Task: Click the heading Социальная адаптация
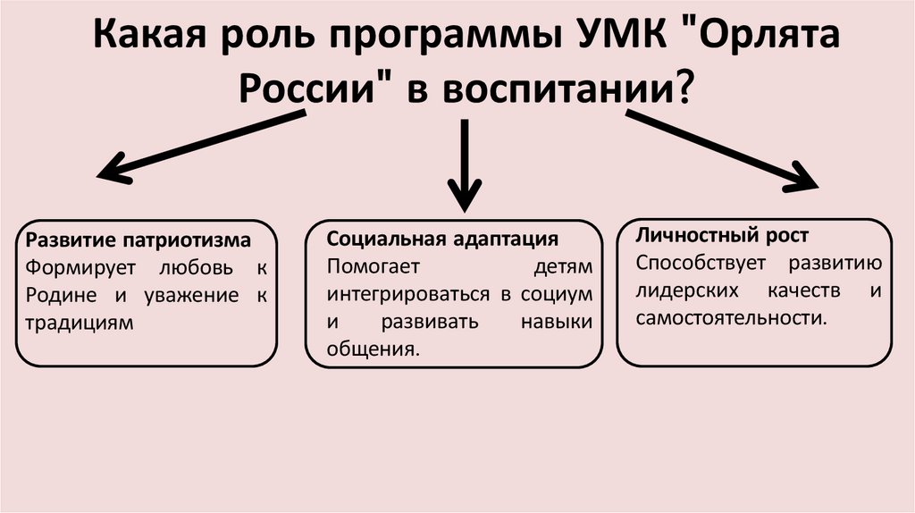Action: point(442,240)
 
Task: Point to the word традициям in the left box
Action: point(80,323)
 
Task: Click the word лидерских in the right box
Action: point(687,290)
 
